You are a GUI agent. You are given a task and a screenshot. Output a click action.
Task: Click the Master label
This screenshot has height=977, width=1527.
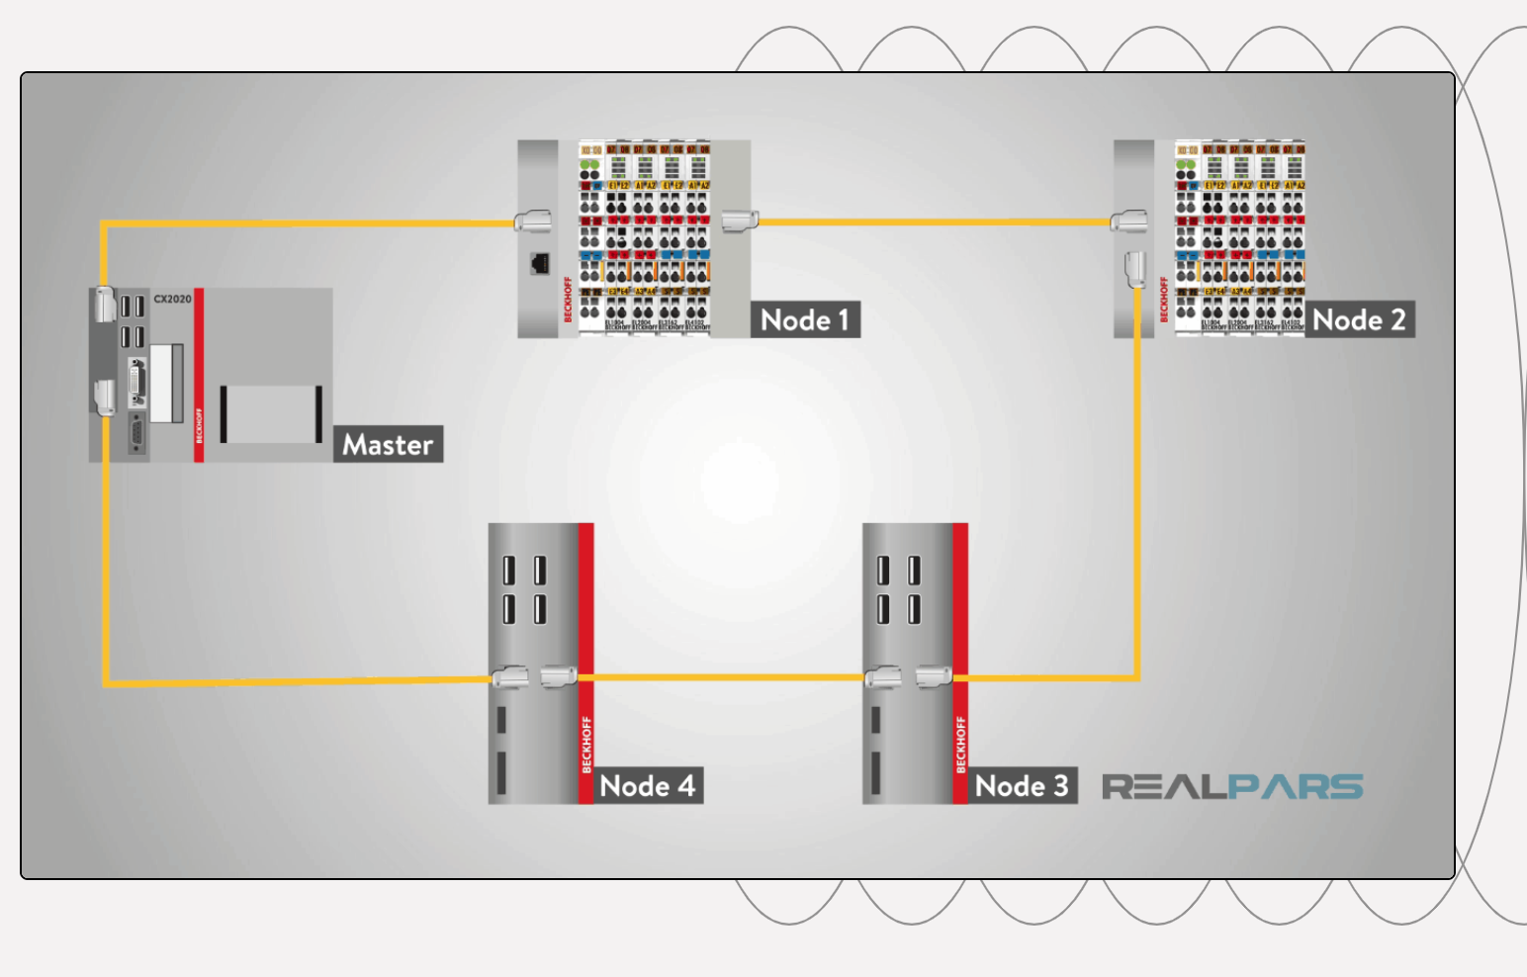(x=388, y=445)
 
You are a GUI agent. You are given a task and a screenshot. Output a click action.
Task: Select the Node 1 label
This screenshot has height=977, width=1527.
(x=804, y=319)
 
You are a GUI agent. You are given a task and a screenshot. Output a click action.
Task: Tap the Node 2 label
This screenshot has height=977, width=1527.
(x=1359, y=319)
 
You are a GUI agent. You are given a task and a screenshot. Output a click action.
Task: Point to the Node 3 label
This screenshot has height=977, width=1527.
(x=1022, y=786)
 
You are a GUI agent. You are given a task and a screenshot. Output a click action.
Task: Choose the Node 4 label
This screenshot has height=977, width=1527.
(x=647, y=786)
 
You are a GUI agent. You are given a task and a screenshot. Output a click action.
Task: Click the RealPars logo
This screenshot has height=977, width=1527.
(x=1232, y=787)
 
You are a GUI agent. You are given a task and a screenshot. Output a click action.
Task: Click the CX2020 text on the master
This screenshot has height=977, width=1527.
(x=172, y=299)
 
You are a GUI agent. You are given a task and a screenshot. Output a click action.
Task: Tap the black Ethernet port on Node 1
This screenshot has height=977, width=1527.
(x=540, y=263)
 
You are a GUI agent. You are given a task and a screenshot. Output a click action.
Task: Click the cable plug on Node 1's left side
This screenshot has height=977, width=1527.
(x=532, y=222)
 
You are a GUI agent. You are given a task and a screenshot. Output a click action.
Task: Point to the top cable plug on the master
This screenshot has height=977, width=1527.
(x=105, y=305)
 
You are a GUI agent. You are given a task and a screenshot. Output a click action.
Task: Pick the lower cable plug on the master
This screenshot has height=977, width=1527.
(x=104, y=398)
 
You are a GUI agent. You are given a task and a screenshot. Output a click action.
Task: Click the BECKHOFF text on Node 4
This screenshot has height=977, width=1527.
(x=586, y=744)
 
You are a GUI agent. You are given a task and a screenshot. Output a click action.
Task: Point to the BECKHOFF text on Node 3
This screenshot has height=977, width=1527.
(x=960, y=744)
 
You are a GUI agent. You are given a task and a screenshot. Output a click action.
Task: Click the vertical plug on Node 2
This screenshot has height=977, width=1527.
(x=1134, y=269)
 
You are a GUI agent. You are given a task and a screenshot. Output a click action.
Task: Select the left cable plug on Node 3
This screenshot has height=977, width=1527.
(x=883, y=677)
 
